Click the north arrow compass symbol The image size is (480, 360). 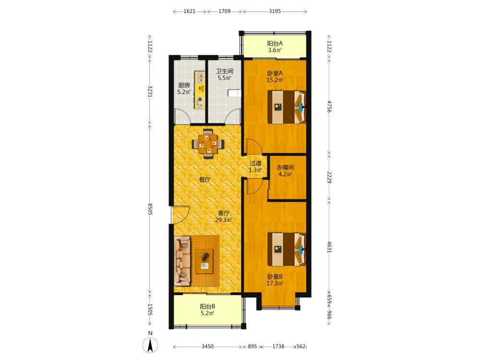tap(150, 346)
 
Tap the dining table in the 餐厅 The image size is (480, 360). tap(208, 144)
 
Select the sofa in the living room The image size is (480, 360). tap(182, 261)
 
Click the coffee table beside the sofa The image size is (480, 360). tap(204, 261)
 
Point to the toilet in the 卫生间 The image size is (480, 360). tap(235, 93)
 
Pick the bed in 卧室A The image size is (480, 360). tap(287, 107)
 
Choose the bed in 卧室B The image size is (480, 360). tap(287, 250)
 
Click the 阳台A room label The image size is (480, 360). tap(275, 44)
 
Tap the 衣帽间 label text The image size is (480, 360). tap(285, 168)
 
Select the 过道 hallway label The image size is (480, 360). tap(255, 163)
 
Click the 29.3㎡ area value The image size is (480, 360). tap(224, 220)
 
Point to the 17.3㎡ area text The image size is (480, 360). tap(275, 283)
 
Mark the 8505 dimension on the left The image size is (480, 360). tap(150, 209)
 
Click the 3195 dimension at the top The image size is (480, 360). tap(275, 12)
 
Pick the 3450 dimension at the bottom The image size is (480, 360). tap(207, 346)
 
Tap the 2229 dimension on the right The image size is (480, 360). tap(329, 177)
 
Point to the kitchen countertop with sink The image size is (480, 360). tap(200, 90)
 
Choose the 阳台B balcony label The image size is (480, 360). tap(207, 306)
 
